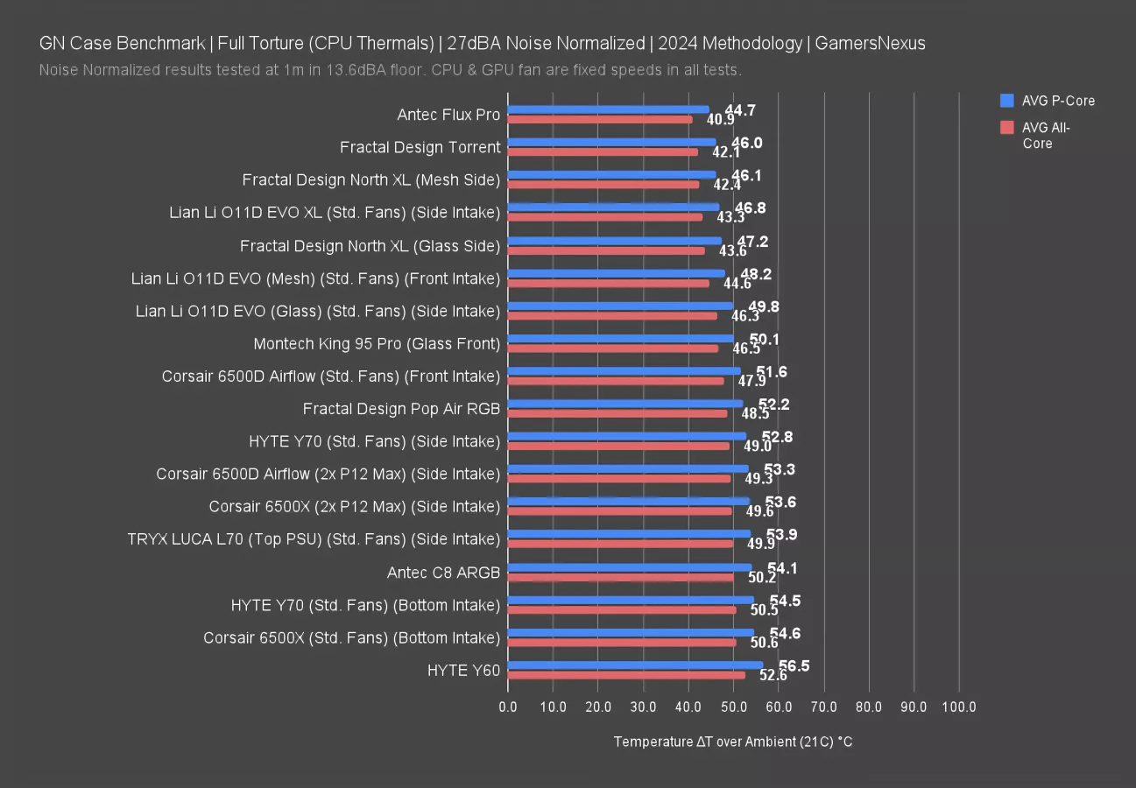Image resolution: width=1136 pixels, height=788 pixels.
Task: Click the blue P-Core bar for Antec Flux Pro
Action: [x=608, y=109]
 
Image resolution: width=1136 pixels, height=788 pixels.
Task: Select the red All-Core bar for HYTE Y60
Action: [x=626, y=675]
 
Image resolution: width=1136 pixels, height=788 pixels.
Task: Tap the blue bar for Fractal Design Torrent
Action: [x=611, y=142]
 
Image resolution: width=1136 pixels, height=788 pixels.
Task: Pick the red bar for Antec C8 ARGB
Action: [x=621, y=577]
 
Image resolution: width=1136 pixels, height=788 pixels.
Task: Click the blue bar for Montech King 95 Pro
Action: [x=620, y=338]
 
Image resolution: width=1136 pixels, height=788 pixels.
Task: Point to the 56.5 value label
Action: [x=794, y=666]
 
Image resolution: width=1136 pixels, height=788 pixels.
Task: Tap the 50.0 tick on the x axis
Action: [x=733, y=707]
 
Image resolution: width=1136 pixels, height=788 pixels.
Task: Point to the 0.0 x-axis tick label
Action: [x=508, y=707]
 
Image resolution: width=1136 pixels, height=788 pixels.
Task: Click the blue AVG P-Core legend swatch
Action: [x=1006, y=101]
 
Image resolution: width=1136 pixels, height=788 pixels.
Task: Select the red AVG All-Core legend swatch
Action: [x=1006, y=128]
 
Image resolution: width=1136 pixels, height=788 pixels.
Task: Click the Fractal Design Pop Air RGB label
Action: [x=401, y=409]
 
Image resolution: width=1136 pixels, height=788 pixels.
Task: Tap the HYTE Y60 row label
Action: [x=463, y=671]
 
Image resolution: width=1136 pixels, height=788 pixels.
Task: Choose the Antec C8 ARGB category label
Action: [x=443, y=573]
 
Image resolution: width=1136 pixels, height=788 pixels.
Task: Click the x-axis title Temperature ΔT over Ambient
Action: [x=733, y=742]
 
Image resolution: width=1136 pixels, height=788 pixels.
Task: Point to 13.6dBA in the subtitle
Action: [x=358, y=69]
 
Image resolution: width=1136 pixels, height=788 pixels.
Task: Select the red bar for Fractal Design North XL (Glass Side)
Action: [x=606, y=250]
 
